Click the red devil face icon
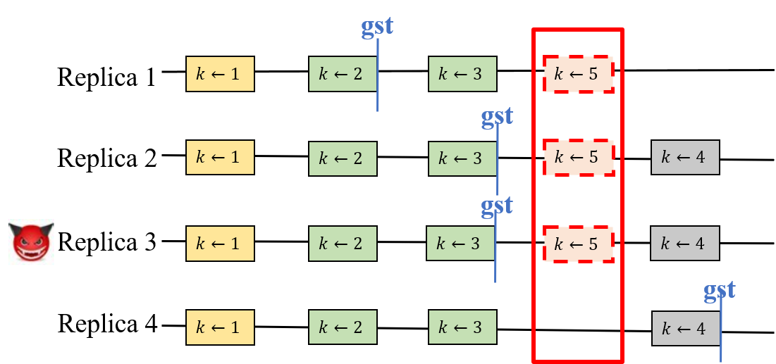29,239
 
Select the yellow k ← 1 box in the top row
220,74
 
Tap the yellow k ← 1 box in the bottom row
220,327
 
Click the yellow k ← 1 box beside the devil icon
220,244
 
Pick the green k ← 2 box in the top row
342,74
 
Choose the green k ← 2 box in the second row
343,158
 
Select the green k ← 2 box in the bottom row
343,327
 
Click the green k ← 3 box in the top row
462,74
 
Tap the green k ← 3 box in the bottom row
462,327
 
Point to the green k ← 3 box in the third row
460,244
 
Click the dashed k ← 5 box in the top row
578,74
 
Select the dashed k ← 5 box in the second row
578,157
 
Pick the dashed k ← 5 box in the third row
578,244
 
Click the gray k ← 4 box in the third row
684,244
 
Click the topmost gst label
377,26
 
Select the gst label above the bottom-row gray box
720,289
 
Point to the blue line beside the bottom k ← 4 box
721,331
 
